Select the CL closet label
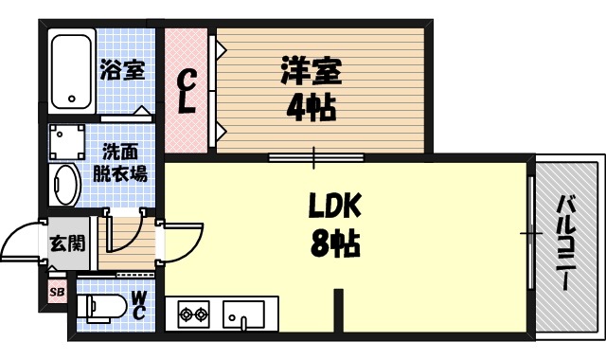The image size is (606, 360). pos(188,91)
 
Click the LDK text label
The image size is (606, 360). pos(333,206)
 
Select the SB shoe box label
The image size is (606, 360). pos(56,292)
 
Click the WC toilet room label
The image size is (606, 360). pos(137,305)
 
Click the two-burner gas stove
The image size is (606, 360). pos(193,312)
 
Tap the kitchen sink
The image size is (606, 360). pos(245,312)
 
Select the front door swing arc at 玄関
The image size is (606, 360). pos(21,242)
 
